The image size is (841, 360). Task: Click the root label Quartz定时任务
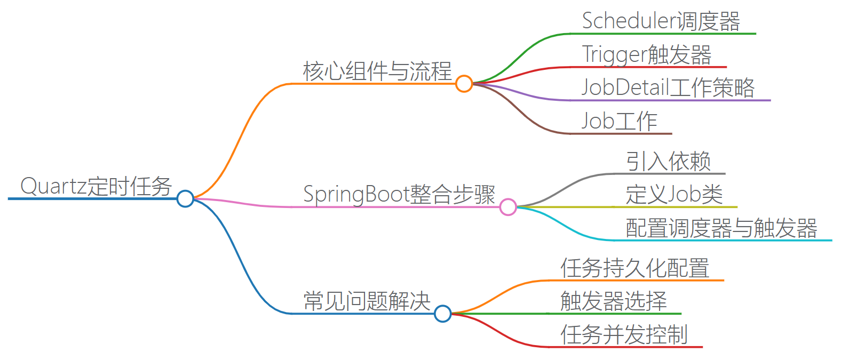point(96,186)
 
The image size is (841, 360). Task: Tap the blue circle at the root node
point(185,198)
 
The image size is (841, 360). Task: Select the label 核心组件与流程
point(377,71)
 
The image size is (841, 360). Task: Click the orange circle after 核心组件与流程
point(464,84)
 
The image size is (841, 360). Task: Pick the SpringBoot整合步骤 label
point(399,194)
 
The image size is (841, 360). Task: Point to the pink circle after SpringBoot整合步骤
point(508,206)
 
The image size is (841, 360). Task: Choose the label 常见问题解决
point(367,301)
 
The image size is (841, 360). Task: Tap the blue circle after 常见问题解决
point(442,314)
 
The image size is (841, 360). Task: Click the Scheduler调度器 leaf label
point(661,21)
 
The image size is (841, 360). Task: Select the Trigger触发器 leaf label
point(646,54)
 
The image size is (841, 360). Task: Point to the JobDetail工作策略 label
point(668,87)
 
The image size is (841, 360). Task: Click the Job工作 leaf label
point(619,121)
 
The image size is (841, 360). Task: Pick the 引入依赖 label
point(668,161)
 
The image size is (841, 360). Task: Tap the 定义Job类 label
point(674,194)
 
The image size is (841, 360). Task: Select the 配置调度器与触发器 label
point(721,228)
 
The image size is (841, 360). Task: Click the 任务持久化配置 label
point(634,268)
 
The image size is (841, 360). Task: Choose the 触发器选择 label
point(614,301)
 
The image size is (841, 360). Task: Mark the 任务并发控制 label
point(624,334)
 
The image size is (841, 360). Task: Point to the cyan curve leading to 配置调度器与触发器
point(566,226)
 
